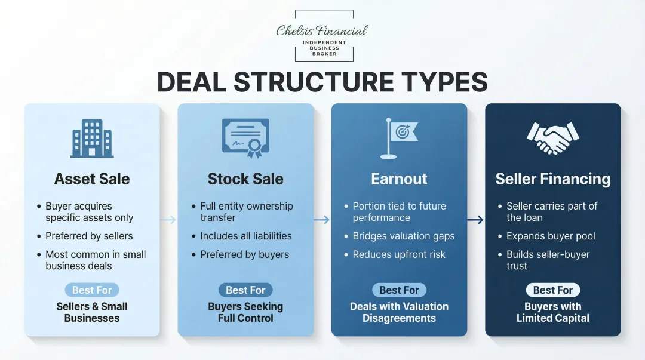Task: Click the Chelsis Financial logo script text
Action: (x=322, y=30)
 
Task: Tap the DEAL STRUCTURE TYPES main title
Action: (x=322, y=82)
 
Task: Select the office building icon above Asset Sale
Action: (x=92, y=139)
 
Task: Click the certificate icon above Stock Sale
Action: (x=245, y=138)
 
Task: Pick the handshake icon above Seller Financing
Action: (x=552, y=138)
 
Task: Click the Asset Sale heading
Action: (x=92, y=179)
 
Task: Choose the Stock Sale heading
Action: (x=245, y=179)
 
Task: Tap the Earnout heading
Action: (x=399, y=179)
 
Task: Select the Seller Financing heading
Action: (x=552, y=179)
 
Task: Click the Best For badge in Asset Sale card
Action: (x=92, y=290)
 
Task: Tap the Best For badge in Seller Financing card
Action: (x=552, y=290)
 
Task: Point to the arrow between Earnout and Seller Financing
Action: (x=475, y=220)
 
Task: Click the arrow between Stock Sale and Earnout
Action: (x=322, y=220)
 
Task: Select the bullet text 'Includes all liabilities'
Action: (x=246, y=236)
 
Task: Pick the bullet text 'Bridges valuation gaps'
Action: (x=404, y=236)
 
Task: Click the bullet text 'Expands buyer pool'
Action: (x=551, y=236)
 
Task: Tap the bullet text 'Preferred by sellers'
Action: (x=89, y=236)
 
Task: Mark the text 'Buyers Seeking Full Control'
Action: (x=245, y=312)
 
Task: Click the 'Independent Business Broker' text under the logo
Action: (x=324, y=48)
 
